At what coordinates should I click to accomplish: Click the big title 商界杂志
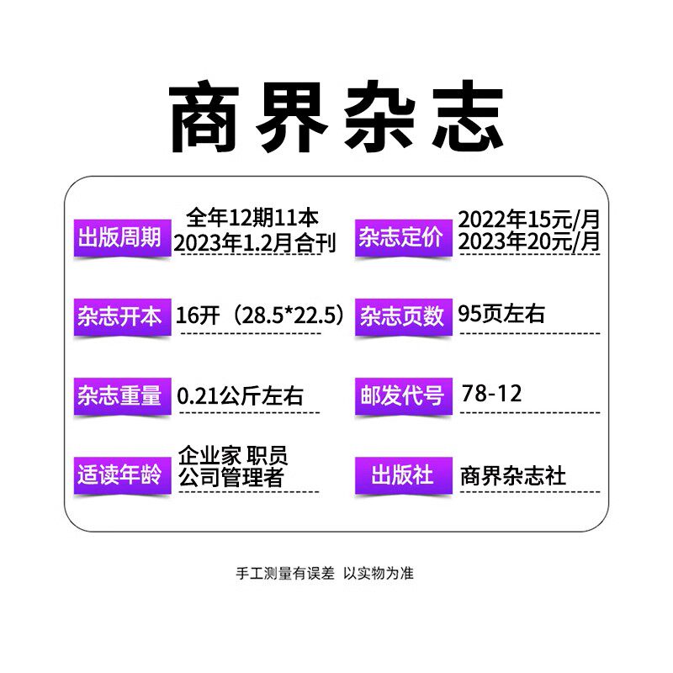click(336, 118)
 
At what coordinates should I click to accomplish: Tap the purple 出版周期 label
click(119, 237)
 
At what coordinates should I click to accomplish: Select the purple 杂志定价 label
click(400, 237)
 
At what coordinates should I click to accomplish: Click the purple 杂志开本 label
click(119, 316)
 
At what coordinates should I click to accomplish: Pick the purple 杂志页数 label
click(402, 316)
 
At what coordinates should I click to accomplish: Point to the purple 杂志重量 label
click(119, 396)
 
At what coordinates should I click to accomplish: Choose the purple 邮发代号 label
click(402, 396)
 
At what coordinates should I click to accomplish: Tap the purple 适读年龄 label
click(119, 474)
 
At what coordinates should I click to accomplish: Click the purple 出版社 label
click(402, 474)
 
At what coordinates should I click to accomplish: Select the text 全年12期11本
click(251, 219)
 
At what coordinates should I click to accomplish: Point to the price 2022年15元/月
click(529, 220)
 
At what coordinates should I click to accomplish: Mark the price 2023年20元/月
click(529, 242)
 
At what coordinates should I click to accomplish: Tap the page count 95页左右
click(501, 314)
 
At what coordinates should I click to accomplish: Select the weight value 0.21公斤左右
click(241, 395)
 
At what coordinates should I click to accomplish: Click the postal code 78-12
click(491, 393)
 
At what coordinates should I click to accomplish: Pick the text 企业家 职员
click(233, 455)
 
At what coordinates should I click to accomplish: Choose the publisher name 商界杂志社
click(513, 475)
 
